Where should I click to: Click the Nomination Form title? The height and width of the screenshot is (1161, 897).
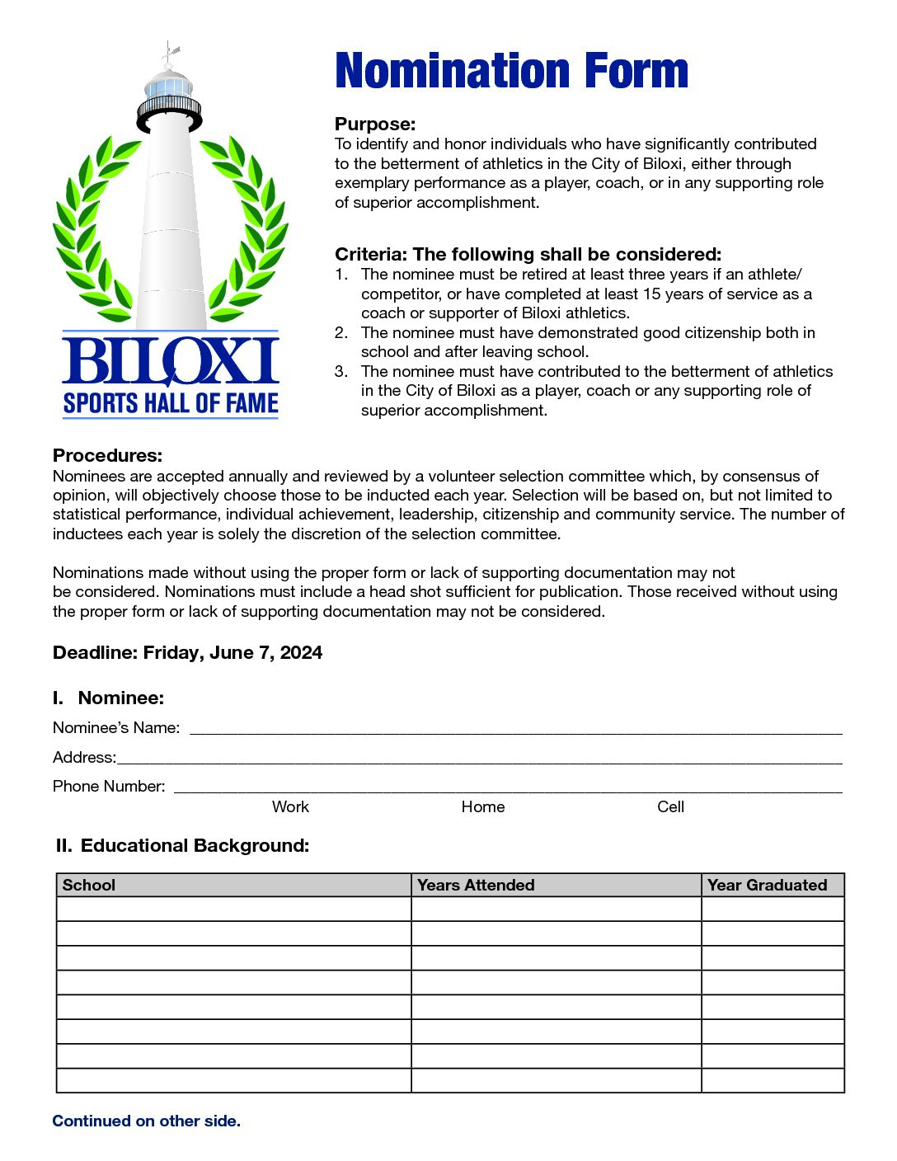coord(511,71)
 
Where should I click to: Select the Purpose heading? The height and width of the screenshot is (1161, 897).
coord(375,125)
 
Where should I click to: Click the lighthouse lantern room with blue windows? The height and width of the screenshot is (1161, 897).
coord(169,86)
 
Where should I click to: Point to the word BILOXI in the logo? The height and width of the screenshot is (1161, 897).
coord(171,361)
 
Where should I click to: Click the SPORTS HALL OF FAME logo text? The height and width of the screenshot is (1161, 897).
coord(171,403)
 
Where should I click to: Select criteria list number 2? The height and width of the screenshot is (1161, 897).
coord(341,333)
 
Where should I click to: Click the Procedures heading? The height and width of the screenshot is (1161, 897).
coord(107,456)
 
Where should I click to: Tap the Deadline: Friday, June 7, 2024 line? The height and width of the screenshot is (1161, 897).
coord(187,653)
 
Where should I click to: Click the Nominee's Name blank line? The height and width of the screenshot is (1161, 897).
coord(515,728)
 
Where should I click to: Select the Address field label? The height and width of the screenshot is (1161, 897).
coord(84,758)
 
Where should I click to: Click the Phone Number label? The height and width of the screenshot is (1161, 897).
coord(109,787)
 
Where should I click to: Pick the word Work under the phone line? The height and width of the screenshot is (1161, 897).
coord(290,807)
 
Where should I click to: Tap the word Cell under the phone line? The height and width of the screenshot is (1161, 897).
coord(670,807)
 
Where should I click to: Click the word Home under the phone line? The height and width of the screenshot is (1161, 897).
coord(483,807)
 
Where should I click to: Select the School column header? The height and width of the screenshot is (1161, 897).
coord(89,886)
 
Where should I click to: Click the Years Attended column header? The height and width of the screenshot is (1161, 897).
coord(476,886)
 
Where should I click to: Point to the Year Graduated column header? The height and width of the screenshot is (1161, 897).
coord(767,886)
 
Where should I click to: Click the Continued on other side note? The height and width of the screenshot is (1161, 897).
coord(147,1121)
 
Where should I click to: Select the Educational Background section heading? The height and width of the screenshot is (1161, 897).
coord(183,846)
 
